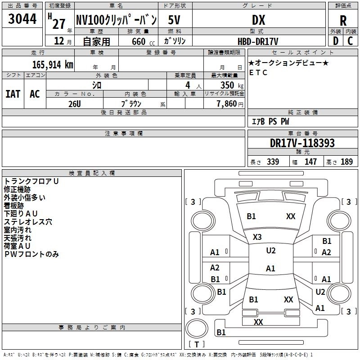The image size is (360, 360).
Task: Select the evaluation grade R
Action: pyautogui.click(x=343, y=21)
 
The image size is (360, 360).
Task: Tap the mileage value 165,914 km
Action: pyautogui.click(x=53, y=64)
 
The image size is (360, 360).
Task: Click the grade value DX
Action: pyautogui.click(x=258, y=20)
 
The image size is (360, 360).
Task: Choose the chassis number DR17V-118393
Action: pyautogui.click(x=302, y=143)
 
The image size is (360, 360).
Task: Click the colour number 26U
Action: pyautogui.click(x=75, y=103)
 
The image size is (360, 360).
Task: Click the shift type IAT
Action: pyautogui.click(x=13, y=94)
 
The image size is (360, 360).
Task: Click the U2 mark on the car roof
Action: pyautogui.click(x=270, y=251)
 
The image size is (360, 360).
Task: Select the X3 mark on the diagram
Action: pyautogui.click(x=257, y=237)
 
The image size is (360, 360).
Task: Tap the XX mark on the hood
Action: pyautogui.click(x=291, y=216)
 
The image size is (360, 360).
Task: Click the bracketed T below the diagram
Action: pyautogui.click(x=197, y=345)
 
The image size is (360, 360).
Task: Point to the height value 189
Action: pyautogui.click(x=346, y=162)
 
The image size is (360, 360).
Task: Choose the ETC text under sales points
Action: pyautogui.click(x=258, y=72)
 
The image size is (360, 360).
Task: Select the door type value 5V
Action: pyautogui.click(x=175, y=20)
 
